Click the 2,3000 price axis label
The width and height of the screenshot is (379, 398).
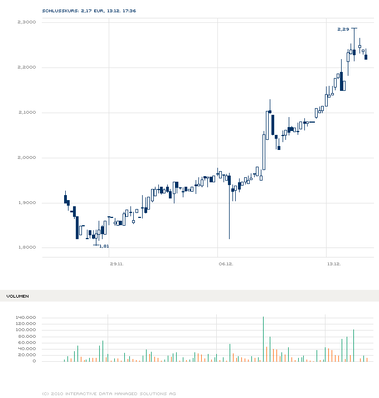(27, 22)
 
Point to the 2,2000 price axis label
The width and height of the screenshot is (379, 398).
(27, 67)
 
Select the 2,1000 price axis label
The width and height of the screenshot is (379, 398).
(27, 112)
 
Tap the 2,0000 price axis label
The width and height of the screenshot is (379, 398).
(27, 157)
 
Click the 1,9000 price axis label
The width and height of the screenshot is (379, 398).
(27, 202)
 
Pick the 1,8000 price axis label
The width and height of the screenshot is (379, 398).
(27, 247)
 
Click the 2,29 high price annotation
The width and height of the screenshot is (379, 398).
(343, 28)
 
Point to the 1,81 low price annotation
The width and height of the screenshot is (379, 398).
(104, 246)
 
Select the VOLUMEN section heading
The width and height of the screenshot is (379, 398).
(18, 296)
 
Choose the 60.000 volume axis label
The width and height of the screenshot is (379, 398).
(27, 342)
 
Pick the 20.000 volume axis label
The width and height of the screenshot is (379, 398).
(27, 355)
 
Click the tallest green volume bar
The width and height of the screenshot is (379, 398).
(263, 339)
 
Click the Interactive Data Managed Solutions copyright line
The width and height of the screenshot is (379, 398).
(109, 394)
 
